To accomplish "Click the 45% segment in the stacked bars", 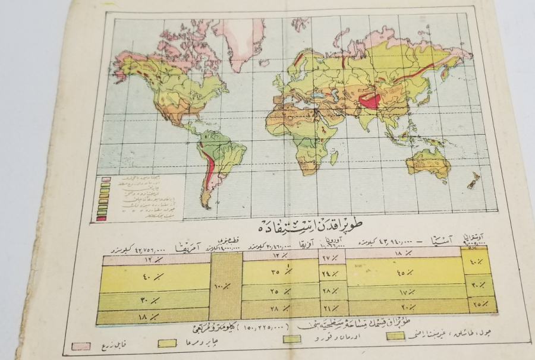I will (x=404, y=271).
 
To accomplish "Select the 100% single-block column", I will (x=225, y=286).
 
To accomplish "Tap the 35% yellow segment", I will (x=280, y=271).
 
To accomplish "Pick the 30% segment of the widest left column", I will (x=154, y=299).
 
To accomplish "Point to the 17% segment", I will (x=404, y=293).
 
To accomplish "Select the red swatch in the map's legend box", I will (x=101, y=218).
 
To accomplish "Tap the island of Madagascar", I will (x=334, y=157).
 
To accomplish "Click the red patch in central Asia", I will (x=370, y=100).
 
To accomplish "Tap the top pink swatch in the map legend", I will (x=101, y=178).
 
